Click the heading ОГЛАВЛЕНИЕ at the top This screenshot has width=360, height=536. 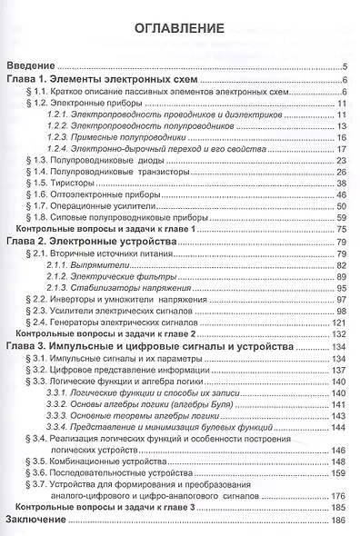point(179,28)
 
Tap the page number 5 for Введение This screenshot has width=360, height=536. point(347,68)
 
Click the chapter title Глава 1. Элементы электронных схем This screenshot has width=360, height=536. point(110,80)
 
